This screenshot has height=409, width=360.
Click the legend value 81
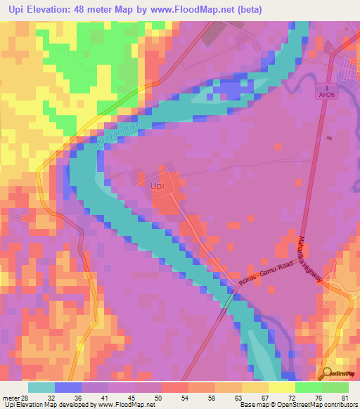coord(345,398)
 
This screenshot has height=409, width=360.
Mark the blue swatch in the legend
coord(68,387)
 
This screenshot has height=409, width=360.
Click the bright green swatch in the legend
coord(308,387)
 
